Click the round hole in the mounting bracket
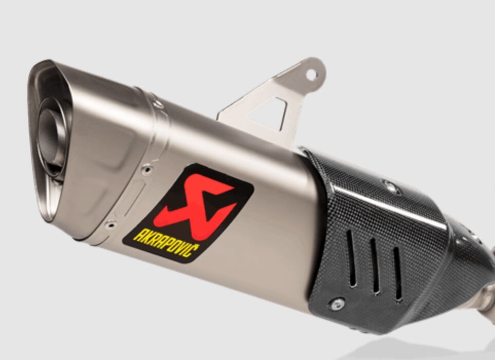tap(311, 74)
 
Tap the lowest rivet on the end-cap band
tap(109, 225)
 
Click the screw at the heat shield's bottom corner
tap(337, 304)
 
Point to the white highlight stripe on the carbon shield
tap(391, 205)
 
